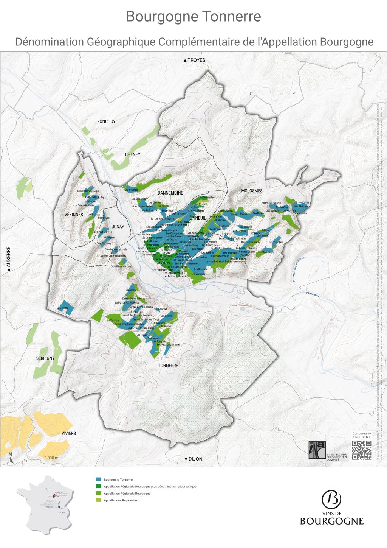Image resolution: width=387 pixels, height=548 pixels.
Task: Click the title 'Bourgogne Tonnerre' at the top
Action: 193,17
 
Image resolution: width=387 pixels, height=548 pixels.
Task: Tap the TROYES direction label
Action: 194,60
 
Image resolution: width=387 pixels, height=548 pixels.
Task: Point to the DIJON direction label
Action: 193,459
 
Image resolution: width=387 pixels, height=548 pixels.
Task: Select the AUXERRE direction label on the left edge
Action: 8,259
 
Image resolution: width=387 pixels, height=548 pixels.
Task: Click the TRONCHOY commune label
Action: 105,121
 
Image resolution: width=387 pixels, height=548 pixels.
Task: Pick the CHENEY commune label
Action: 133,154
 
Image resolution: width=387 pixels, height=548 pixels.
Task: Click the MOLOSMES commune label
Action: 252,191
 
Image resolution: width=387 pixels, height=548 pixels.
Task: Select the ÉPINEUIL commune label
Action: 198,218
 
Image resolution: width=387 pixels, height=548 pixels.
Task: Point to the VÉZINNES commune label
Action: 74,215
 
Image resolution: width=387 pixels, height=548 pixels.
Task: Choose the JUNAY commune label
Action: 118,227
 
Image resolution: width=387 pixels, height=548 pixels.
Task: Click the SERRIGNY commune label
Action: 45,358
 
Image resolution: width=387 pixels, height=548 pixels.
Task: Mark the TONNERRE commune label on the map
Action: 168,366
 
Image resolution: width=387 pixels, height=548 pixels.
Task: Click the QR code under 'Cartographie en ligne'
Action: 361,450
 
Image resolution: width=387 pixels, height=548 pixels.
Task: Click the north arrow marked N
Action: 11,458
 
